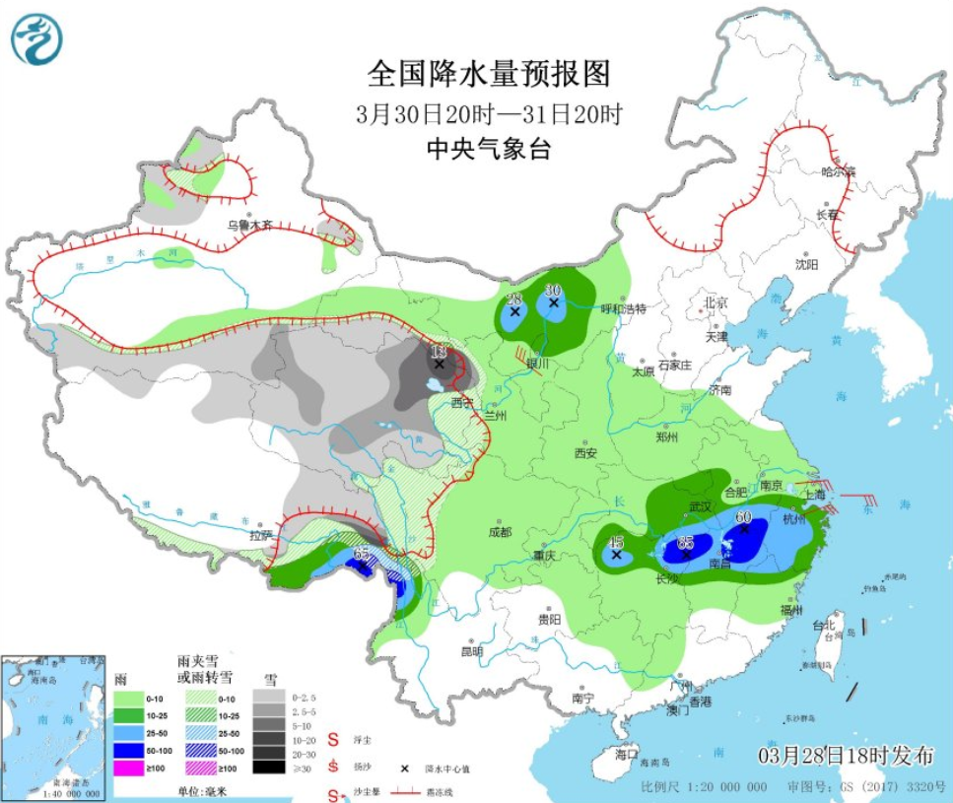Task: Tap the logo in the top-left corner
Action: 36,40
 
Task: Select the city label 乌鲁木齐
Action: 249,225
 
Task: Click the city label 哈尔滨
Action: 839,171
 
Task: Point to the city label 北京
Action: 715,301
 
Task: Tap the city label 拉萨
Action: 260,536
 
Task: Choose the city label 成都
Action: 500,532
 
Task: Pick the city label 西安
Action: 585,453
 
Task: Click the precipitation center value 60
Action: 744,516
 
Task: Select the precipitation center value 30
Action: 553,290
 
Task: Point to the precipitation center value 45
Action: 616,542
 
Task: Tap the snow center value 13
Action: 439,352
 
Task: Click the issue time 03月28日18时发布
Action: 845,757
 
